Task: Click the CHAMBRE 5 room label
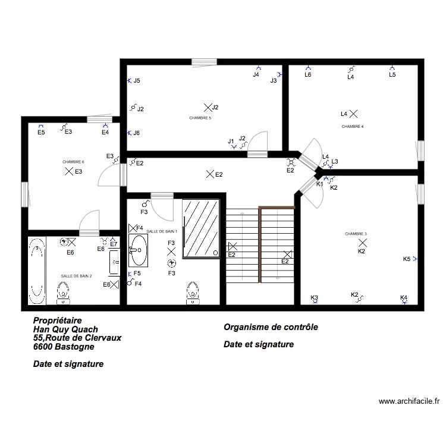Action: [200, 118]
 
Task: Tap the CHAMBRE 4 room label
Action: [353, 127]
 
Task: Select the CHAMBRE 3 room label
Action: [356, 234]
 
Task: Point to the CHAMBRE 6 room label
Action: [73, 162]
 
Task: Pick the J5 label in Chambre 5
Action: [137, 81]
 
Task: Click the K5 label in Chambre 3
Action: [407, 259]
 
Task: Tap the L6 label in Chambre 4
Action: [308, 75]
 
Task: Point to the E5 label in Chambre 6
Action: [41, 133]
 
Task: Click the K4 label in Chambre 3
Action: [404, 298]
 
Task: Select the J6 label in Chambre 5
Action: [137, 133]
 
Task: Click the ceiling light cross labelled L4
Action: [354, 113]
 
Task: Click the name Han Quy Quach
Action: [65, 329]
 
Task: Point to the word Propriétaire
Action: [58, 320]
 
